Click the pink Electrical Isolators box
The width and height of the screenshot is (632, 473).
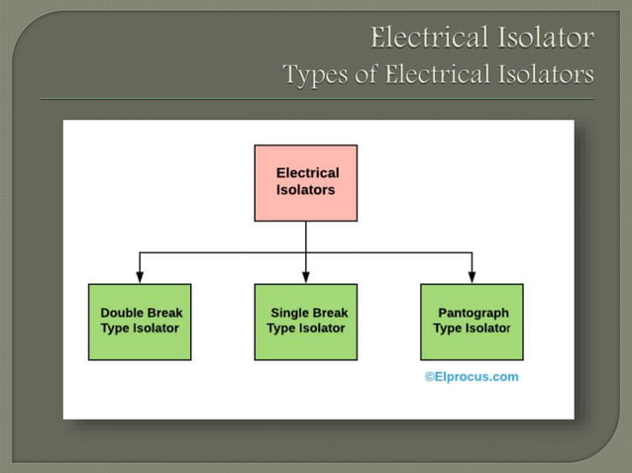click(306, 183)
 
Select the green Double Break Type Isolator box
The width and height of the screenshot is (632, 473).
click(140, 322)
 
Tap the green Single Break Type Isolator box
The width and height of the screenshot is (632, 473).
click(306, 322)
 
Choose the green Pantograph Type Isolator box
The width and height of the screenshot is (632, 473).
click(472, 322)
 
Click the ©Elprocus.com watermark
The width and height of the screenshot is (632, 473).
click(472, 377)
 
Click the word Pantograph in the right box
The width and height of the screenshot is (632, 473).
click(474, 313)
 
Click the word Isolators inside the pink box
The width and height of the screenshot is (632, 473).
click(305, 189)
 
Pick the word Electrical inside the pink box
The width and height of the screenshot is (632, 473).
click(307, 173)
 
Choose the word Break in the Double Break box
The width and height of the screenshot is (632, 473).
click(163, 313)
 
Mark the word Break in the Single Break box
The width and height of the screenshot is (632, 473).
click(329, 313)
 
